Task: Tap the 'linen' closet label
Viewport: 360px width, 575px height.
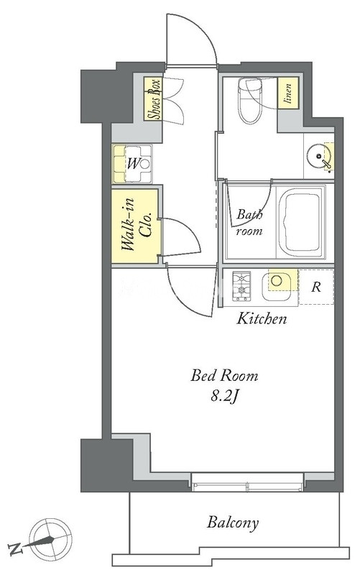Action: [x=287, y=93]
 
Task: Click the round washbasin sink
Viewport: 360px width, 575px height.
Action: [x=316, y=156]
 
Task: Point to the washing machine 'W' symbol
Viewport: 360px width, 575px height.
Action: [x=133, y=164]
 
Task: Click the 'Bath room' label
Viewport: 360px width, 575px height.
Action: [x=249, y=222]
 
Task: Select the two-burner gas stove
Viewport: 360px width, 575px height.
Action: [x=241, y=286]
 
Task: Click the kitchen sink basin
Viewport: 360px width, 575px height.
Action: [x=277, y=285]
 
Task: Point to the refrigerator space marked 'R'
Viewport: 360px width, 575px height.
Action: [x=316, y=286]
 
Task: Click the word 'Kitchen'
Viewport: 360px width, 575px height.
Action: [x=262, y=318]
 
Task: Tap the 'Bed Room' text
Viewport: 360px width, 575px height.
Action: [x=224, y=376]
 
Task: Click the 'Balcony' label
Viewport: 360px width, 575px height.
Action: [x=233, y=523]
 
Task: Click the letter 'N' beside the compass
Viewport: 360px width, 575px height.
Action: [x=15, y=550]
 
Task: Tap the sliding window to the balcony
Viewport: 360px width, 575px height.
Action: [x=247, y=482]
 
